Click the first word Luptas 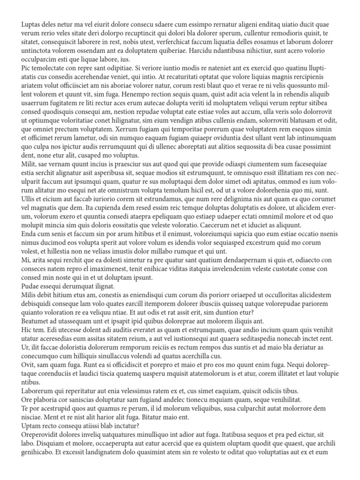tap(32, 23)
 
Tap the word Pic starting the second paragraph tap(27, 68)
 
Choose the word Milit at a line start tap(30, 165)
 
